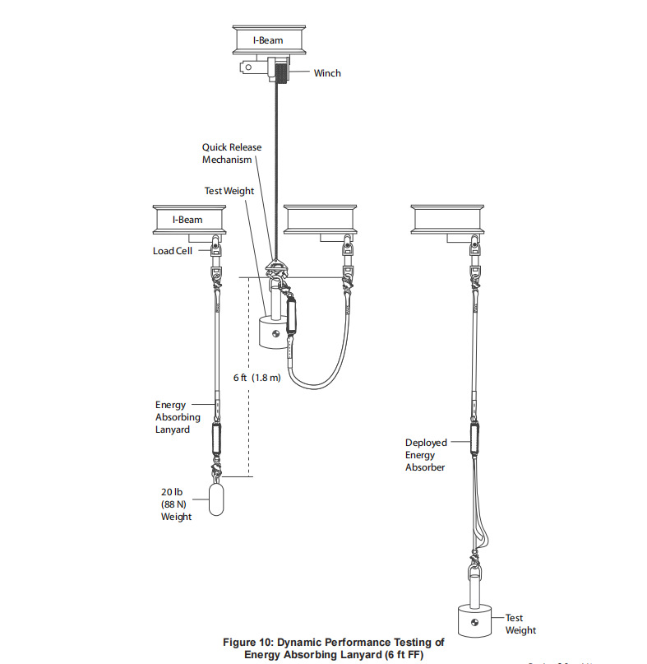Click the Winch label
point(327,73)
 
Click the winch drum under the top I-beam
point(281,72)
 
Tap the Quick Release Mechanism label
point(232,153)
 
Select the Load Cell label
point(172,251)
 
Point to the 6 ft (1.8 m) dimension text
point(256,378)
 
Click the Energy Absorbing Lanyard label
point(178,417)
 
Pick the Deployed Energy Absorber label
point(426,455)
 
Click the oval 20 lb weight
point(216,499)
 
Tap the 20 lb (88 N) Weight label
point(176,504)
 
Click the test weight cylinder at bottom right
point(475,621)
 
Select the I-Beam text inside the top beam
point(268,40)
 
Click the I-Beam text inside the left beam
point(187,220)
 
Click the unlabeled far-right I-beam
point(447,220)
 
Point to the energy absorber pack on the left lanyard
point(216,439)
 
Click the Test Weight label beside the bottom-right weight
point(520,624)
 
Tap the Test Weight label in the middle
point(229,191)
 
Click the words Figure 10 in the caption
point(248,643)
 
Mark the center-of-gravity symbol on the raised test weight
point(276,334)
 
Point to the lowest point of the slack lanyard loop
point(314,388)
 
